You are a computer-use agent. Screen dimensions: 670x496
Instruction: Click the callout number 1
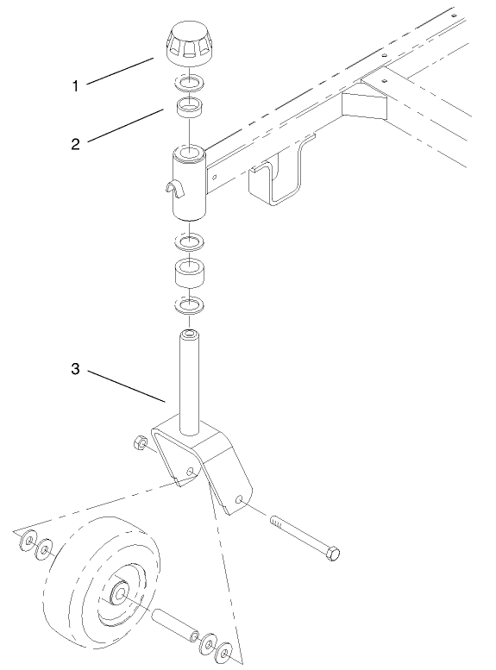point(76,86)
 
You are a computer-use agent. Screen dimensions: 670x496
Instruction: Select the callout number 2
point(76,144)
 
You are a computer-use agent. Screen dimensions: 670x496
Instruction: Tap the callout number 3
point(76,369)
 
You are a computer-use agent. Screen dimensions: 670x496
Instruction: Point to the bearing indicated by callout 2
point(189,109)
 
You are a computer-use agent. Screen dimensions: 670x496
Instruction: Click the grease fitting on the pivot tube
point(171,188)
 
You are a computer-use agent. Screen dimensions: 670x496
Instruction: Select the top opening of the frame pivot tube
point(191,154)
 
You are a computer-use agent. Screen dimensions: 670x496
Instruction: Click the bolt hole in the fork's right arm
point(241,498)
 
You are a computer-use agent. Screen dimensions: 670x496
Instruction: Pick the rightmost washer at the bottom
point(226,652)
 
